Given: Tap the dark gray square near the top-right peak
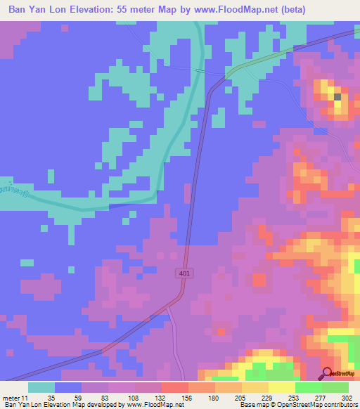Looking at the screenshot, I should coord(337,96).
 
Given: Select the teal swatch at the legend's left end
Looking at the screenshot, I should coord(41,387).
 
